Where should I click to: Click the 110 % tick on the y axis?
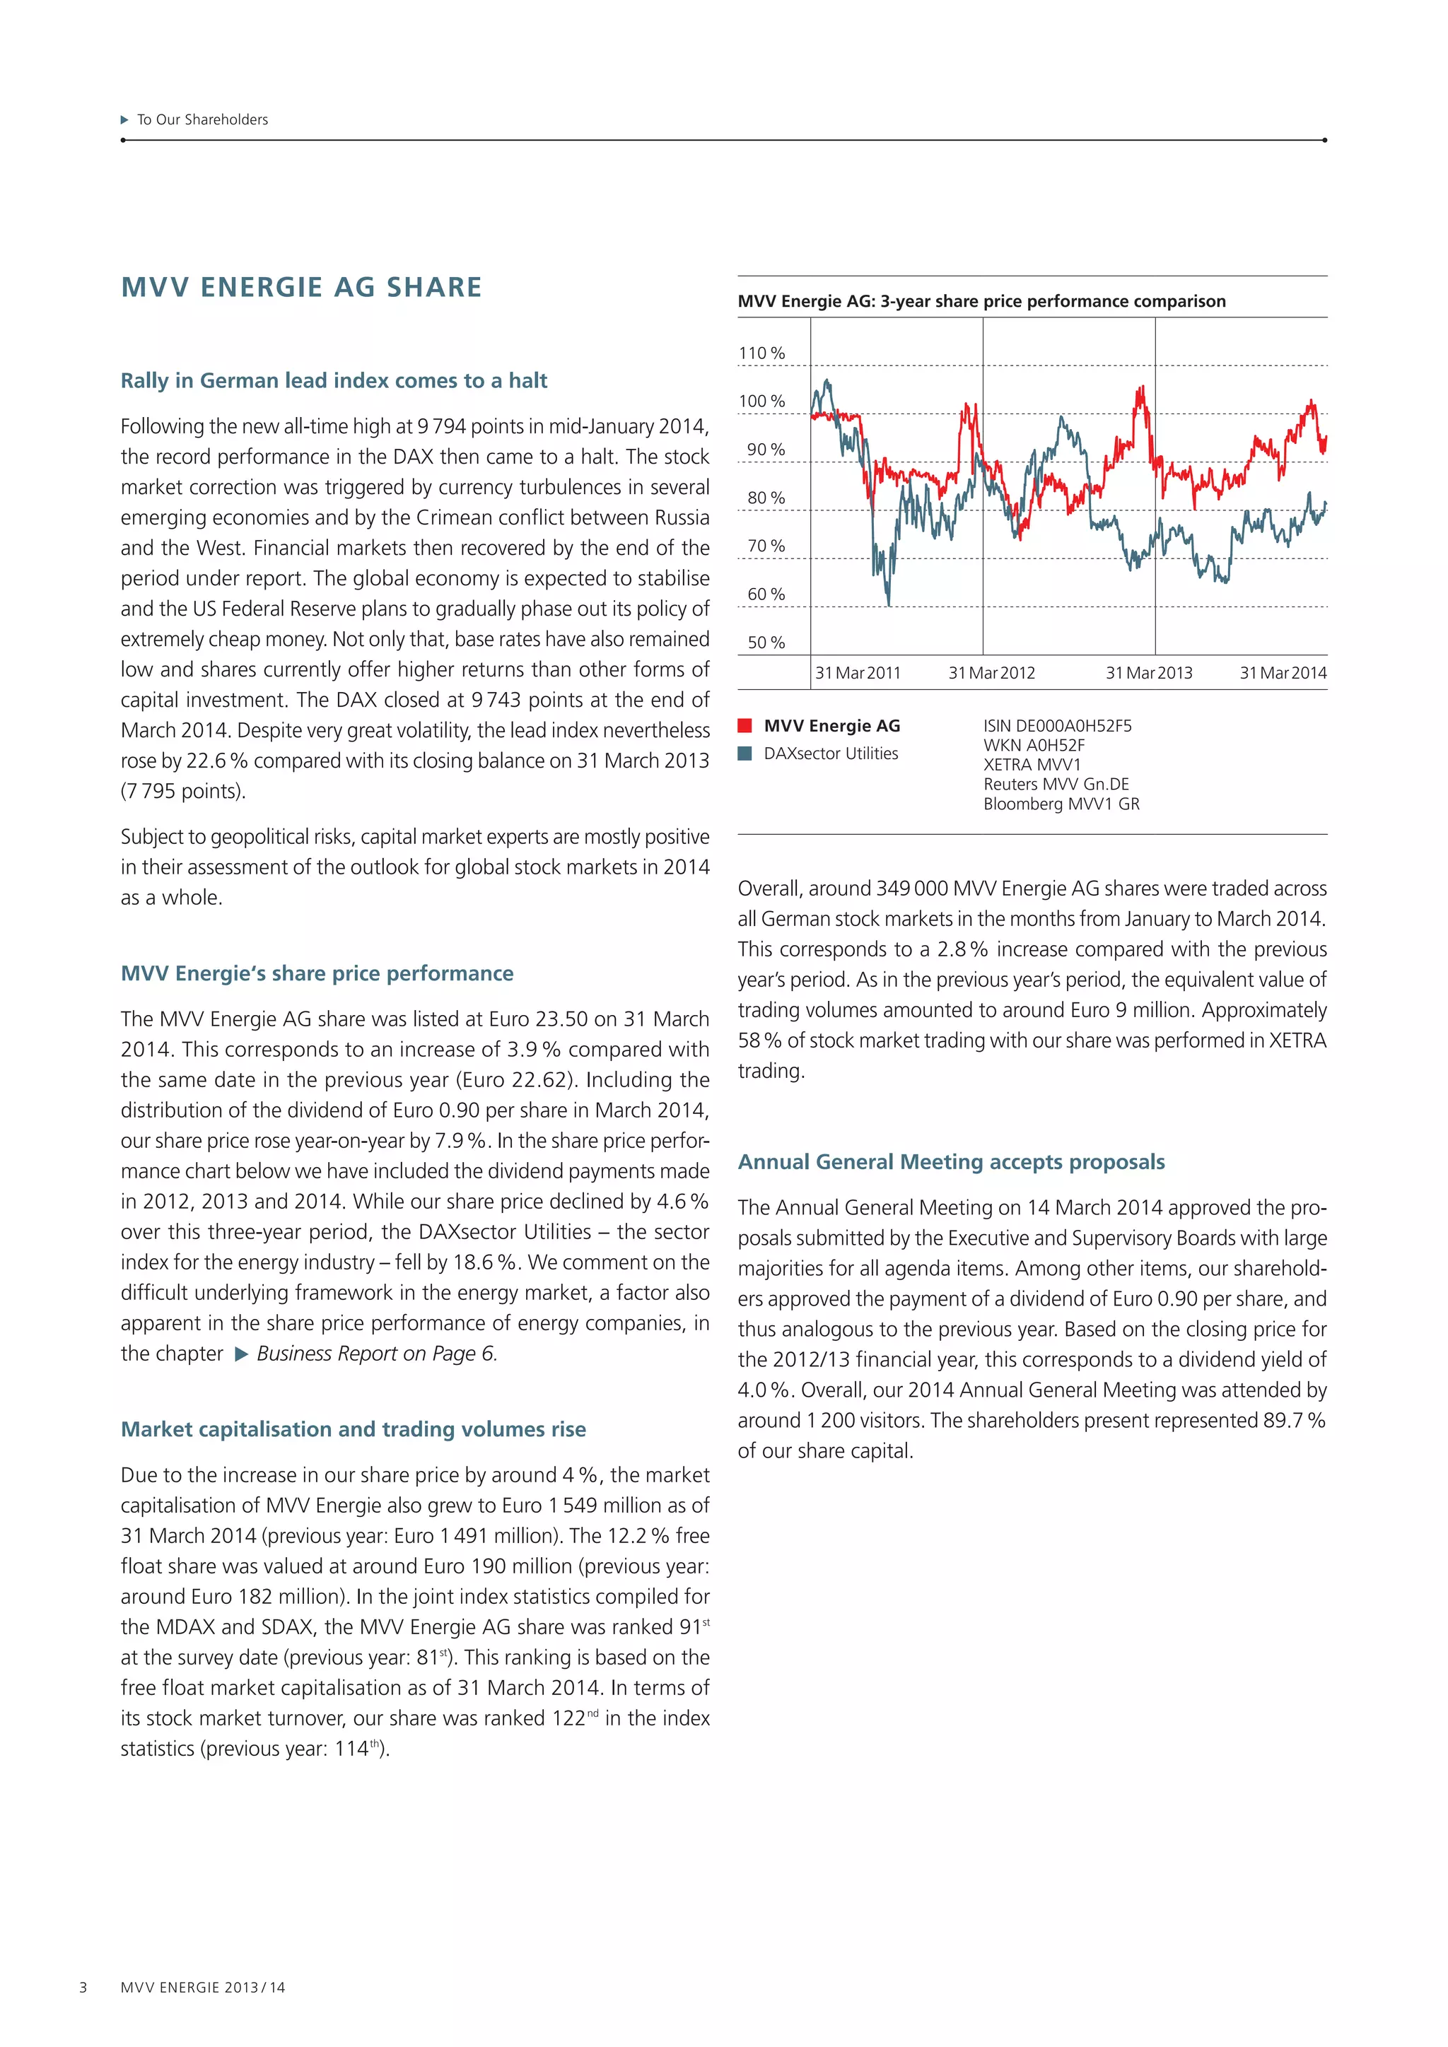(761, 353)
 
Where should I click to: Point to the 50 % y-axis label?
(766, 642)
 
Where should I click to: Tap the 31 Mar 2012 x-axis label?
(991, 673)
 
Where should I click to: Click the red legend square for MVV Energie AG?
(745, 726)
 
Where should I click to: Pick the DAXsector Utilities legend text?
(830, 753)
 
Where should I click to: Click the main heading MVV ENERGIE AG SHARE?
(301, 287)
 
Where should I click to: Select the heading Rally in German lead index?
(334, 381)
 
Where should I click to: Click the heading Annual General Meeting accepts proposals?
(950, 1162)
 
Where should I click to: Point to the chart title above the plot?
(981, 301)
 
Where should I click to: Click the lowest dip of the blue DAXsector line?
(888, 604)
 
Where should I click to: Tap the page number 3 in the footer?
(84, 1987)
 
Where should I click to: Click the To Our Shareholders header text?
(202, 119)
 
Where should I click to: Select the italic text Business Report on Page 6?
(375, 1354)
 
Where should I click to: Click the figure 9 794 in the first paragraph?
(441, 426)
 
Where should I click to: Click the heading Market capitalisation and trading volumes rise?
(353, 1429)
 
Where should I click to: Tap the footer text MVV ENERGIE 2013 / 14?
(204, 1987)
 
